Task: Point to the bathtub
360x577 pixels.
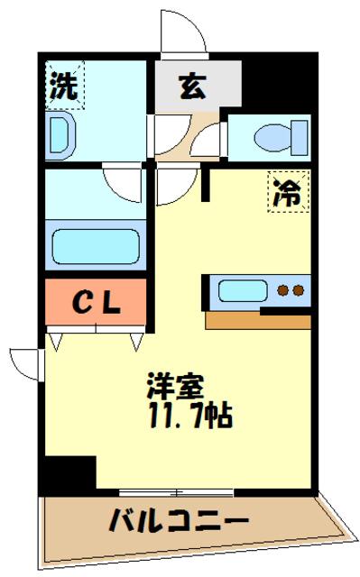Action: (x=95, y=244)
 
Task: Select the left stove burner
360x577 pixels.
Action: (x=282, y=291)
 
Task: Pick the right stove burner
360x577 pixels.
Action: (x=298, y=291)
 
